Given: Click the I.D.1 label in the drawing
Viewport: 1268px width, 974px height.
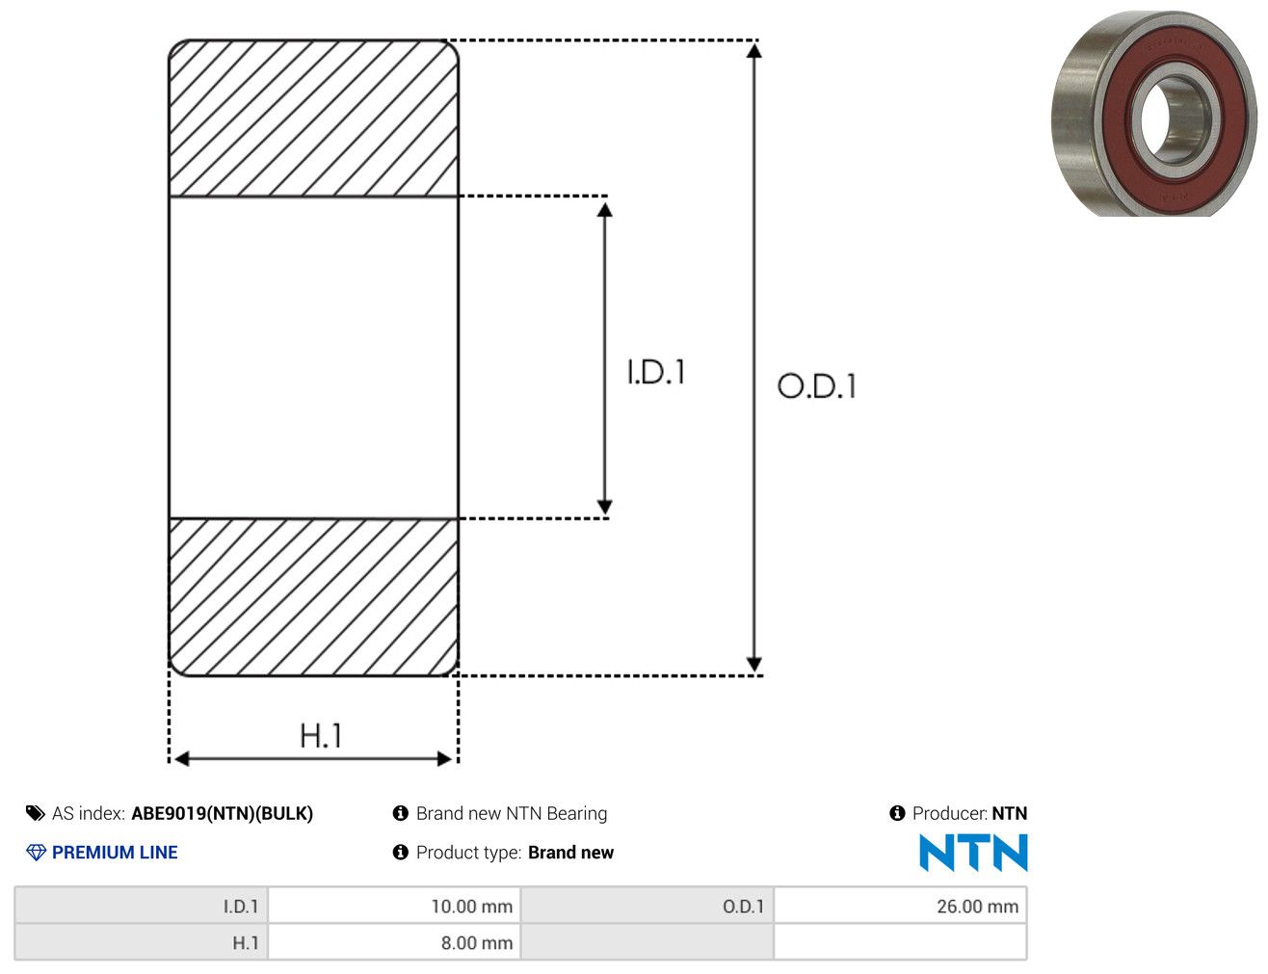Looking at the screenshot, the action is tap(655, 372).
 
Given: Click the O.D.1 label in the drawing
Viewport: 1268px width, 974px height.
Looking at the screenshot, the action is tap(816, 386).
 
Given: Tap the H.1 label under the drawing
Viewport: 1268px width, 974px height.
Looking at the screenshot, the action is tap(320, 735).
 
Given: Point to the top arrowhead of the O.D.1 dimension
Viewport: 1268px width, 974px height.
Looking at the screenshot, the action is tap(753, 51).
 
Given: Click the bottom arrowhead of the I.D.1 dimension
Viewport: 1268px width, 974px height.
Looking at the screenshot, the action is tap(604, 506).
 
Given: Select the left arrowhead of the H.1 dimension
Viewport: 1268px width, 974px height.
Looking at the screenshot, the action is tap(181, 758).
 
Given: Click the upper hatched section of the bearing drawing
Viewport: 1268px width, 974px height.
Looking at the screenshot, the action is tap(313, 118).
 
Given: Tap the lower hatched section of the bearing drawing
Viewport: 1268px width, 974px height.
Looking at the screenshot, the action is tap(313, 596).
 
